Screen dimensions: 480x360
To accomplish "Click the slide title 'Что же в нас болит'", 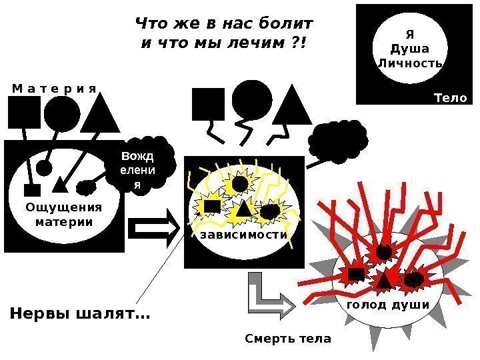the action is pyautogui.click(x=224, y=25).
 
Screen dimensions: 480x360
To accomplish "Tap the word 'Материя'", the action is pyautogui.click(x=54, y=88).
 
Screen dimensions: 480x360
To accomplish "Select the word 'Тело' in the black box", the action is pyautogui.click(x=451, y=98).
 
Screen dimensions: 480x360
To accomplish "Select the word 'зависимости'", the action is pyautogui.click(x=241, y=235).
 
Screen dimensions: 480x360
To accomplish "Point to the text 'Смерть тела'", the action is pyautogui.click(x=288, y=339).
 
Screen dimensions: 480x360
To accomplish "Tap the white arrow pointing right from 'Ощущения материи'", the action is pyautogui.click(x=154, y=227).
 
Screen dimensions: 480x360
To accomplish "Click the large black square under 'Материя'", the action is pyautogui.click(x=24, y=112).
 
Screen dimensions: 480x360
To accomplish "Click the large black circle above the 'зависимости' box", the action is pyautogui.click(x=252, y=100).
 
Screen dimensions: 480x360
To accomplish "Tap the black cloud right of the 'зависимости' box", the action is pyautogui.click(x=339, y=139).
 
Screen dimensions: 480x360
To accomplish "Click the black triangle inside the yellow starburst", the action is pyautogui.click(x=243, y=209).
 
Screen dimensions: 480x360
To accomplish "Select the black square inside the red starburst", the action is pyautogui.click(x=356, y=274).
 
